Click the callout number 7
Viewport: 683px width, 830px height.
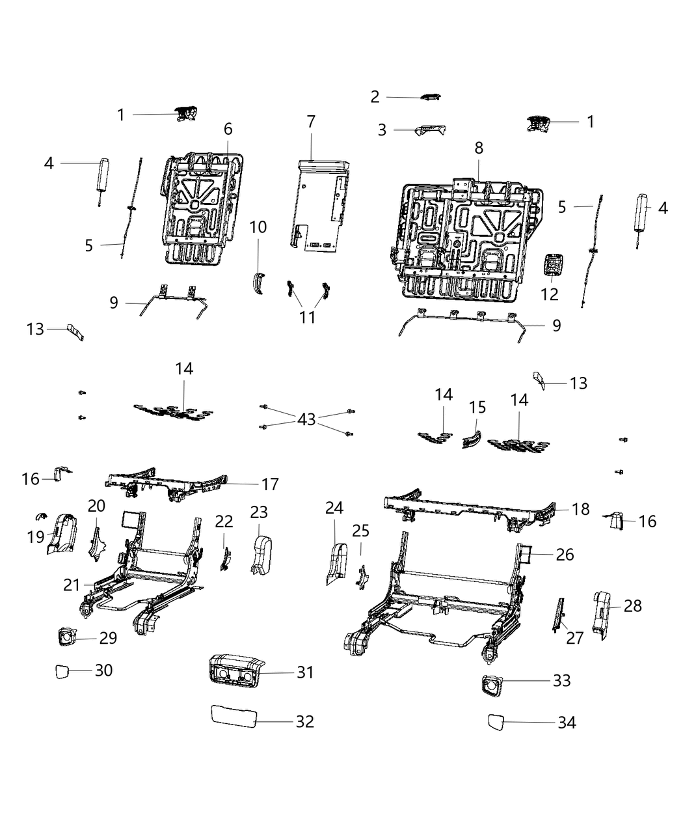(310, 122)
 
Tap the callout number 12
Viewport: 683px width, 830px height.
(550, 294)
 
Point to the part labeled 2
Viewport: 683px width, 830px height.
(430, 98)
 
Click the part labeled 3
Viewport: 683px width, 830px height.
(431, 130)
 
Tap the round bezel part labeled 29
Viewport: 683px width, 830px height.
(66, 637)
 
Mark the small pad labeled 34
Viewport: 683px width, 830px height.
(497, 722)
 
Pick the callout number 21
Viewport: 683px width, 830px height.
(72, 585)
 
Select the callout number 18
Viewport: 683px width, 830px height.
(581, 509)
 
